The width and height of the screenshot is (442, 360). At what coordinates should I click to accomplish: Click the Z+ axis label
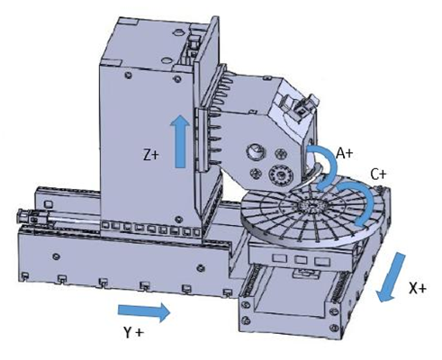pos(150,156)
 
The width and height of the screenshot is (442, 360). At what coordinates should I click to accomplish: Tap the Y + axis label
pos(134,332)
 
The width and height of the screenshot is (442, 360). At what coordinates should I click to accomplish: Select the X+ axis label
pos(418,289)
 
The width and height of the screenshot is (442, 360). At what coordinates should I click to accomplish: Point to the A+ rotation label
pos(345,153)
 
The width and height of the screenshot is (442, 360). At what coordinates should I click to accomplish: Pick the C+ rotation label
pos(379,175)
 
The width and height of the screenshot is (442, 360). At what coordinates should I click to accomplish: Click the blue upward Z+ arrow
pos(180,141)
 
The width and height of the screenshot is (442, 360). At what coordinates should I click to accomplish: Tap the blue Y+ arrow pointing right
pos(144,312)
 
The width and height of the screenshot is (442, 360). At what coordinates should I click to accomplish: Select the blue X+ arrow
pos(391,277)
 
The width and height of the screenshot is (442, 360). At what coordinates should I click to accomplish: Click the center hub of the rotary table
pos(312,206)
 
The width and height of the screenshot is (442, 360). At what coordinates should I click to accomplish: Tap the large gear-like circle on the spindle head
pos(281,175)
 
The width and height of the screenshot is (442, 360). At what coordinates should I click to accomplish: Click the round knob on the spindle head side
pos(256,151)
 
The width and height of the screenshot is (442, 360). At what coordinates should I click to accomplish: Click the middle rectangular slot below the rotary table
pos(301,260)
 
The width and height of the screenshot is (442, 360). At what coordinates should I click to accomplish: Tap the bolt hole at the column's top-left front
pos(129,75)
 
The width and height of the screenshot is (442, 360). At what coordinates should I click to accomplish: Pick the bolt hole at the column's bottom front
pos(179,219)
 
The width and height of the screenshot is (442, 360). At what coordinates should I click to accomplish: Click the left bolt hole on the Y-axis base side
pos(56,256)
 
